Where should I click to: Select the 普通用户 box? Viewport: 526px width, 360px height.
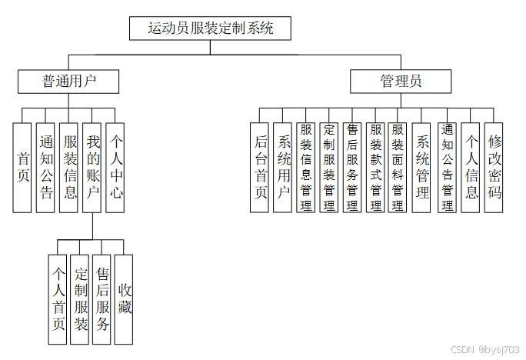coord(68,80)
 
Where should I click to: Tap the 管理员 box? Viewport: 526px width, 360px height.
coord(400,80)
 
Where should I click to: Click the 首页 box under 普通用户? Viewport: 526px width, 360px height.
coord(23,167)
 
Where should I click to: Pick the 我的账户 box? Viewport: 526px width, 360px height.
coord(92,167)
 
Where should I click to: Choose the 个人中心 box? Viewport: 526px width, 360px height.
coord(115,167)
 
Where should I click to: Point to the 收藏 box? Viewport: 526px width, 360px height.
coord(124,299)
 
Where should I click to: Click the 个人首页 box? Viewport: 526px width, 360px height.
coord(57,299)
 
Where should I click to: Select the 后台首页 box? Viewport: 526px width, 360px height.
coord(261,167)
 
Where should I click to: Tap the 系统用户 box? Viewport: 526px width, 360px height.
coord(283,167)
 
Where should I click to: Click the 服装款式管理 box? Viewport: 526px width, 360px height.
coord(375,167)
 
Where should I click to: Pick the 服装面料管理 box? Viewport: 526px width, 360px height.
coord(398,167)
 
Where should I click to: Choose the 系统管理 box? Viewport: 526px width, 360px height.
coord(422,167)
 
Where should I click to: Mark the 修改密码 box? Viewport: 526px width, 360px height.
coord(494,167)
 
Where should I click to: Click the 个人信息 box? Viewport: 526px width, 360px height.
coord(471,167)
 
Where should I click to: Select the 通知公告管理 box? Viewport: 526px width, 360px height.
coord(448,167)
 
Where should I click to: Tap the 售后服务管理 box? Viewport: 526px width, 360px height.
coord(352,167)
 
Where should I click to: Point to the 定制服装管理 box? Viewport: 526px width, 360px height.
coord(329,167)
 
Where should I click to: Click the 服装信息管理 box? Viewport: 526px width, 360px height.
coord(306,167)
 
